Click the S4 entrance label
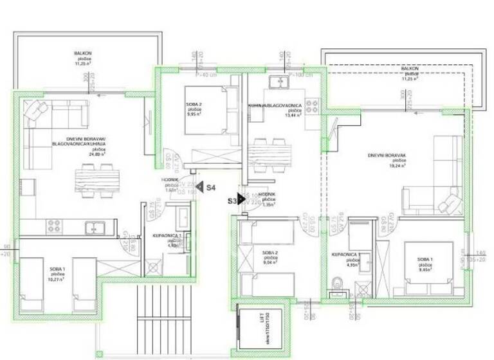210,187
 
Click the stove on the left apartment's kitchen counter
53,226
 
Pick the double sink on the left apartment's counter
95,226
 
